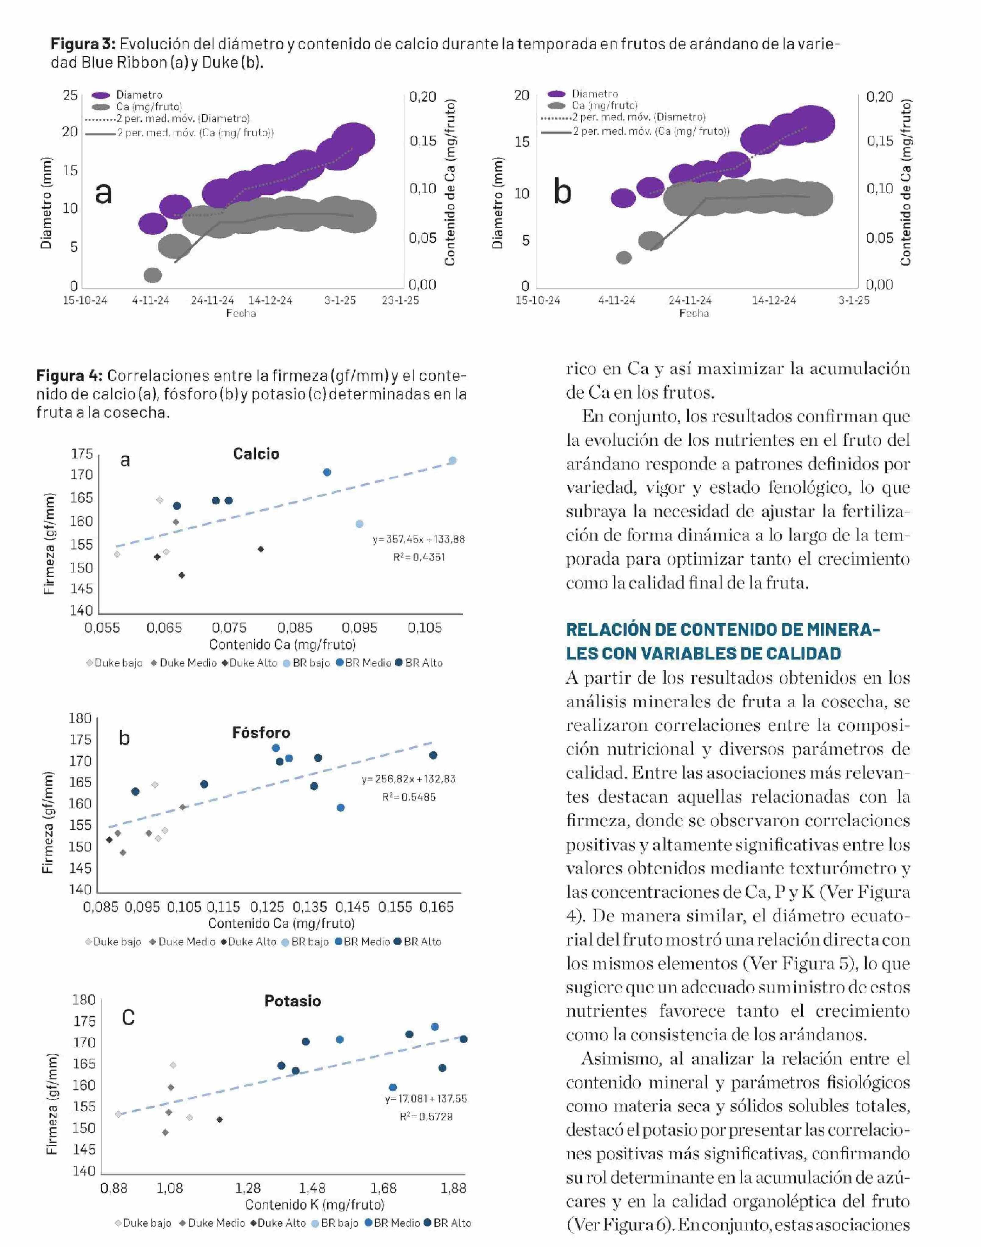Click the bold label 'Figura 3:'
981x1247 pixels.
pyautogui.click(x=83, y=44)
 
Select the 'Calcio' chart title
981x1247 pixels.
pyautogui.click(x=256, y=454)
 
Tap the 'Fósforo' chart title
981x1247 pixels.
pyautogui.click(x=261, y=733)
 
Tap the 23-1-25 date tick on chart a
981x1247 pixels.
pyautogui.click(x=400, y=301)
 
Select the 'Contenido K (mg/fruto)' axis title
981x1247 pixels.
pyautogui.click(x=315, y=1204)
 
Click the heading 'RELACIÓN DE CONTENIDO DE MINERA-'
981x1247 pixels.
pyautogui.click(x=723, y=630)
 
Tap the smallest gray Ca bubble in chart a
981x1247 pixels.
pyautogui.click(x=152, y=275)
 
